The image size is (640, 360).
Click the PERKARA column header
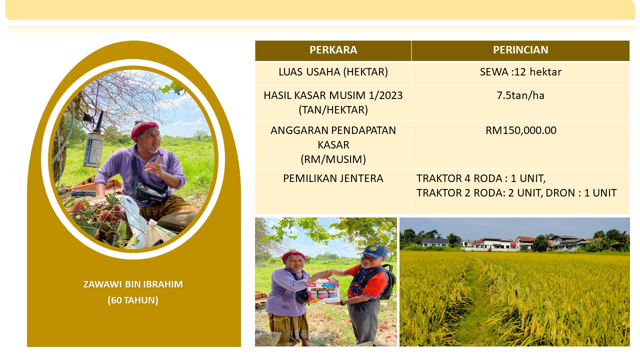(333, 50)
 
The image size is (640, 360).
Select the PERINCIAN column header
(520, 50)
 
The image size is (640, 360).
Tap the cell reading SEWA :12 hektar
(520, 72)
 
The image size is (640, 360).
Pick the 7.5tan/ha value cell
(520, 95)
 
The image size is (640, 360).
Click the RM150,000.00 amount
(521, 130)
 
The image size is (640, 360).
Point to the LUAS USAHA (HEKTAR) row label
(333, 72)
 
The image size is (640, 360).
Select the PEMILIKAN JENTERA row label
(333, 178)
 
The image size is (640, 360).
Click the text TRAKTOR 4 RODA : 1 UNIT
(480, 178)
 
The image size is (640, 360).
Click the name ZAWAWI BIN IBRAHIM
(133, 284)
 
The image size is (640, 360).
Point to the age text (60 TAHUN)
(133, 300)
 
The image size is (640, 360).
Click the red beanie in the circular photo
(144, 128)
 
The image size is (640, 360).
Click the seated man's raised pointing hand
(155, 167)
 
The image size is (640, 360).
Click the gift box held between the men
(324, 290)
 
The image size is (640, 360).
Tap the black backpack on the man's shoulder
(386, 281)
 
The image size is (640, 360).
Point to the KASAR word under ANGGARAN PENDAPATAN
(333, 145)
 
